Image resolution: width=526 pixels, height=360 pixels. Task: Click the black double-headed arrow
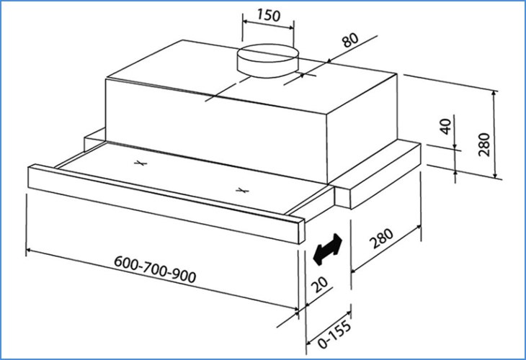click(x=329, y=247)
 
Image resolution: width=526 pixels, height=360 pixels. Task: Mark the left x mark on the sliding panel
click(x=142, y=163)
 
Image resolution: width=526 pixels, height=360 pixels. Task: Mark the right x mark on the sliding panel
click(x=242, y=191)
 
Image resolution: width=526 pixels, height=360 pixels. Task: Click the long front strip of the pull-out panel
click(x=159, y=198)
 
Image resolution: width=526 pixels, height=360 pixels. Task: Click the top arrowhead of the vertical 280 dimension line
click(x=496, y=94)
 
